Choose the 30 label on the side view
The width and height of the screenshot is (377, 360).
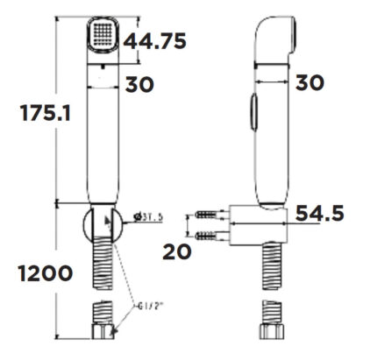click(308, 83)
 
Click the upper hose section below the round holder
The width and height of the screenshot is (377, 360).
click(104, 263)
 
